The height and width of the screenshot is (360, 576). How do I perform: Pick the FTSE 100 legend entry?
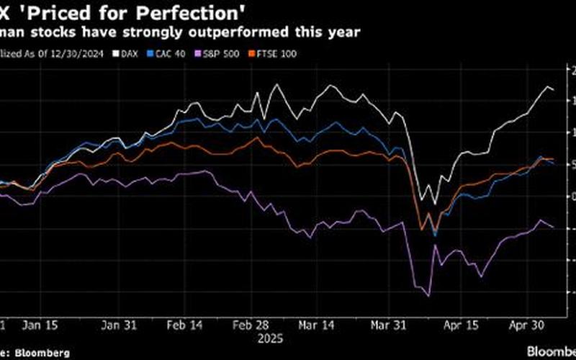pos(260,53)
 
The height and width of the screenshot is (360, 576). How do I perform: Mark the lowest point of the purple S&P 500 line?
pos(428,295)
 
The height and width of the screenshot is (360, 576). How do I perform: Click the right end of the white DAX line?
pos(553,90)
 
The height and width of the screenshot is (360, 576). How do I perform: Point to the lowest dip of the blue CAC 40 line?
pos(435,235)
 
